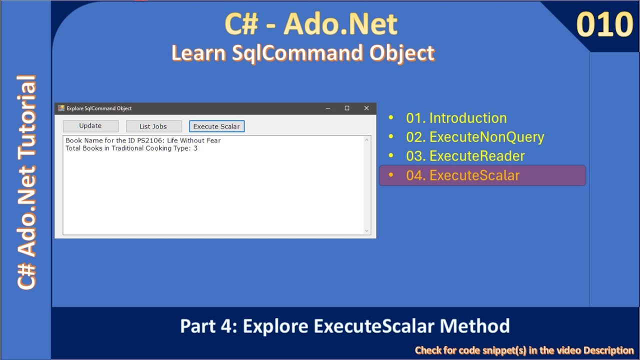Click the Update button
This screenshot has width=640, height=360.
point(90,126)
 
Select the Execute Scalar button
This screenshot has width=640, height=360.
point(216,126)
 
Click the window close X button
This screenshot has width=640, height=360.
point(366,108)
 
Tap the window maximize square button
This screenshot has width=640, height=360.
point(347,108)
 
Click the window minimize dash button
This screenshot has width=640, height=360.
point(328,108)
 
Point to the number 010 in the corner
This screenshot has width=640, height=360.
point(604,25)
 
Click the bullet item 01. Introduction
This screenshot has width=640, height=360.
point(456,118)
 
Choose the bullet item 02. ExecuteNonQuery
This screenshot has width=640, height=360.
point(474,137)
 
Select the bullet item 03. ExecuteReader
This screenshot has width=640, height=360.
point(465,156)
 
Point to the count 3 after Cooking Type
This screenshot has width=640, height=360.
point(195,148)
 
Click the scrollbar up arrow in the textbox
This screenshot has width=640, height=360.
point(367,140)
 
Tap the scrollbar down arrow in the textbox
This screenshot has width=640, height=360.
point(367,230)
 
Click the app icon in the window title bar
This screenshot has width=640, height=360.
point(61,108)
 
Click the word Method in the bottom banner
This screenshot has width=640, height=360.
point(475,326)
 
